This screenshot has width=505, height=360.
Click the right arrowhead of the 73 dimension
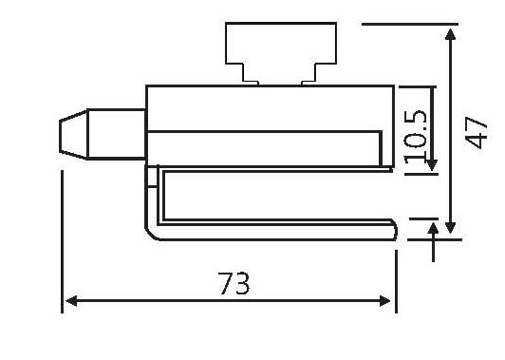click(386, 301)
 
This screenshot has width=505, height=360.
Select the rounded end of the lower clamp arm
click(392, 228)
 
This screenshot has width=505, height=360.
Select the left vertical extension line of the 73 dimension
click(63, 237)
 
